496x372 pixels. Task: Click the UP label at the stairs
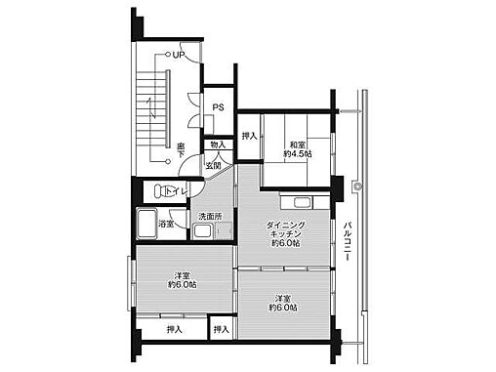click(x=179, y=56)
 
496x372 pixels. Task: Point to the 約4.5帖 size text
click(x=298, y=153)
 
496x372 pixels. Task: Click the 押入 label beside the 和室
click(x=250, y=137)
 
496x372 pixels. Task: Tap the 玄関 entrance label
click(x=213, y=165)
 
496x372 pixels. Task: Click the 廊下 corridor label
click(x=181, y=150)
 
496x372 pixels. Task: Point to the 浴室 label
click(x=167, y=224)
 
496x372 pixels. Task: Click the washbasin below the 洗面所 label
click(x=202, y=232)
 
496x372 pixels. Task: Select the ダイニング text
click(x=287, y=225)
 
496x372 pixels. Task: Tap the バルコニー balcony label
click(x=348, y=245)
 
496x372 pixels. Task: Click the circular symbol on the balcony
click(x=359, y=186)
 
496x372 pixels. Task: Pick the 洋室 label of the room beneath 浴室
click(x=182, y=274)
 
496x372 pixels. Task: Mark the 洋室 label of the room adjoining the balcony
click(x=282, y=298)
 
